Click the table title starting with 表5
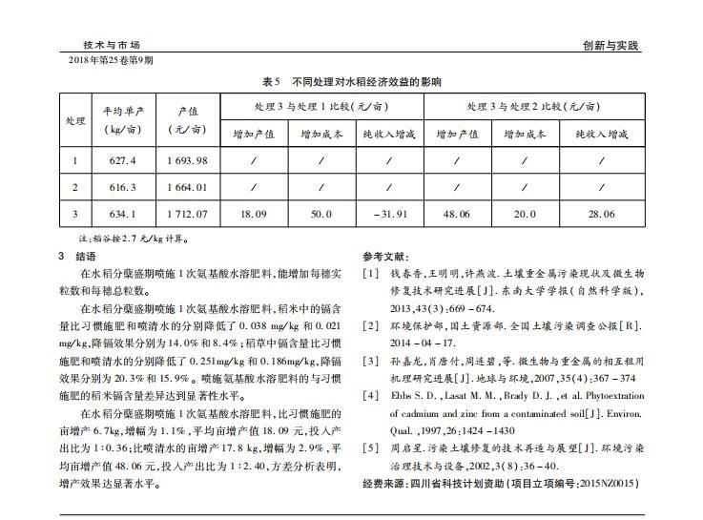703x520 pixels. pyautogui.click(x=351, y=83)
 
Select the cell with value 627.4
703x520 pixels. pyautogui.click(x=123, y=159)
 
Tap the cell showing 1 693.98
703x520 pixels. pyautogui.click(x=186, y=159)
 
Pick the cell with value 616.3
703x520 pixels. pyautogui.click(x=123, y=187)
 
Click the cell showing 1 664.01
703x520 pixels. pyautogui.click(x=186, y=187)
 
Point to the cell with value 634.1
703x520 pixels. pyautogui.click(x=123, y=214)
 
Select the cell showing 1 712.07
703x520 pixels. pyautogui.click(x=186, y=214)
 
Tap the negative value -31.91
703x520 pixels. pyautogui.click(x=389, y=214)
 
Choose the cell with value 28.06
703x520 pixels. pyautogui.click(x=601, y=214)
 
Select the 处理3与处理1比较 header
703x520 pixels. pyautogui.click(x=320, y=106)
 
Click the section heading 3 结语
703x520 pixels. pyautogui.click(x=77, y=256)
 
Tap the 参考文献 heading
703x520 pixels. pyautogui.click(x=385, y=257)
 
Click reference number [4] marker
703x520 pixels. pyautogui.click(x=371, y=394)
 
